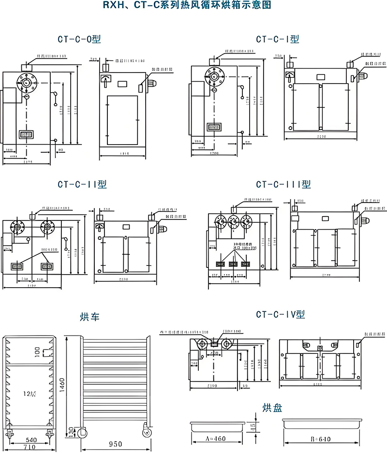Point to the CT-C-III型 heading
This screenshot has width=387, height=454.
pos(283,184)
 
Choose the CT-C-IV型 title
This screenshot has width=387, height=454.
pos(281,315)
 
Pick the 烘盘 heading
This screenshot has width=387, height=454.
pos(271,407)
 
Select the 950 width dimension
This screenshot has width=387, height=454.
pos(115,444)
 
